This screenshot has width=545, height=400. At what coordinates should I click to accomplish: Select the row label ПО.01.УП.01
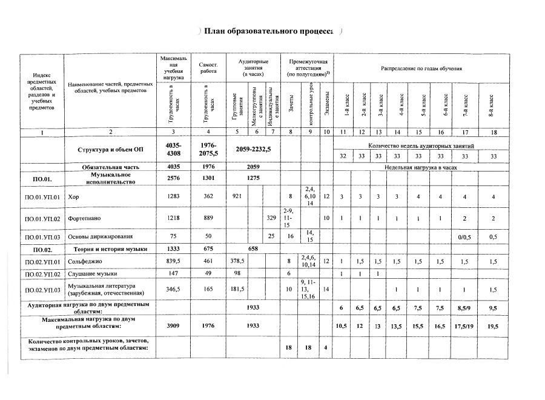point(41,197)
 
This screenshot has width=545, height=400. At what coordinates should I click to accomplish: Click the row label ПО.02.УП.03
point(41,290)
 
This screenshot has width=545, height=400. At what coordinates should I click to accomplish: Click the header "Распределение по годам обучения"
point(421,69)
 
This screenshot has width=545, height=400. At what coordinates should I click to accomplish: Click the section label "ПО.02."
point(41,249)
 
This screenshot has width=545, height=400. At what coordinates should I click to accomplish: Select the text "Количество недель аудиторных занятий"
point(421,145)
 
